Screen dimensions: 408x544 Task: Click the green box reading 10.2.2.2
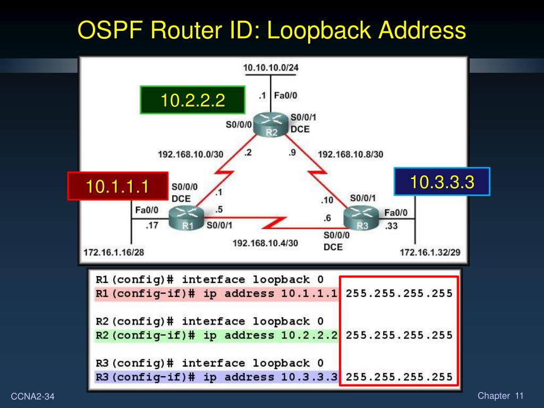pyautogui.click(x=192, y=100)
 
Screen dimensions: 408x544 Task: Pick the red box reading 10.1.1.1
pyautogui.click(x=117, y=186)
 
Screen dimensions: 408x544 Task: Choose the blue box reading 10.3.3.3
pyautogui.click(x=441, y=182)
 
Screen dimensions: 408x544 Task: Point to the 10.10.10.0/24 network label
pyautogui.click(x=270, y=67)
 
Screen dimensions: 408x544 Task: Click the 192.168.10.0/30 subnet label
pyautogui.click(x=190, y=155)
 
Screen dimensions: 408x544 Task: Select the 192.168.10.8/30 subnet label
pyautogui.click(x=350, y=155)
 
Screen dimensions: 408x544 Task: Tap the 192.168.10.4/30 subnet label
pyautogui.click(x=265, y=243)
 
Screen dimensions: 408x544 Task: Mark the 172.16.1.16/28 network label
pyautogui.click(x=113, y=252)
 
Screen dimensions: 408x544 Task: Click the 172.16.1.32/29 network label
pyautogui.click(x=430, y=252)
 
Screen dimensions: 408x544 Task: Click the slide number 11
pyautogui.click(x=519, y=396)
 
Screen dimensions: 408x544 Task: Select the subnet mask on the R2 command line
pyautogui.click(x=399, y=335)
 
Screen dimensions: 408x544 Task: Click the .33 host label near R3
pyautogui.click(x=392, y=225)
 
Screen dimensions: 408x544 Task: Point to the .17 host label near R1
pyautogui.click(x=152, y=225)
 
